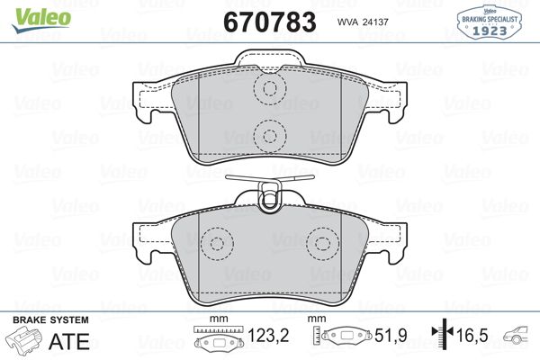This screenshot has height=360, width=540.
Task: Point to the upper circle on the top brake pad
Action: (x=266, y=88)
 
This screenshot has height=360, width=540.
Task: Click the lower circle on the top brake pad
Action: (x=266, y=136)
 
